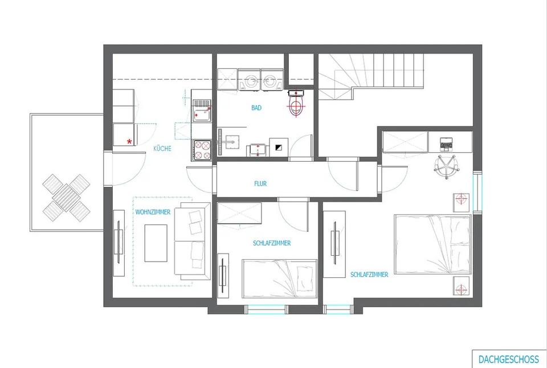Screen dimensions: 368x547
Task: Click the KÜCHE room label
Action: click(162, 149)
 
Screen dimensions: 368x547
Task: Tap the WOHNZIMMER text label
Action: click(153, 212)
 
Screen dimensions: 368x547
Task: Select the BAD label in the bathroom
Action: click(256, 107)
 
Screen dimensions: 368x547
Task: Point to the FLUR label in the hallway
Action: click(260, 183)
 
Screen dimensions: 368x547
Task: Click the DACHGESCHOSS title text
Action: click(508, 359)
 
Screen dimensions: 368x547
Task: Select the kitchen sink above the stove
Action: click(202, 111)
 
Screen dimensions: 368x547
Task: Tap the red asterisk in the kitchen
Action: click(130, 141)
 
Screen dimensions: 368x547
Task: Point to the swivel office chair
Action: click(447, 165)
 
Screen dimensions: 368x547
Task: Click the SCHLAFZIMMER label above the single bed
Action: click(272, 243)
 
